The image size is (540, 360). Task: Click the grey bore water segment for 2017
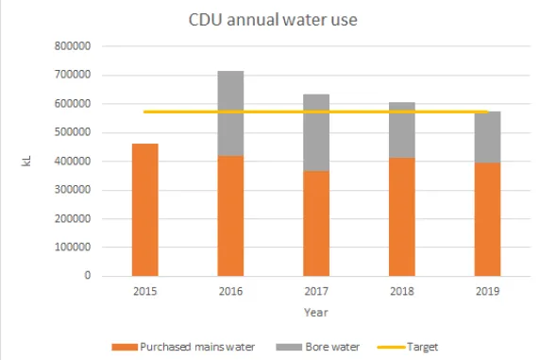tap(315, 132)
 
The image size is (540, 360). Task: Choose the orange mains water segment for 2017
tap(315, 223)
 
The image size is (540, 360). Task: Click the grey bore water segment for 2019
tap(487, 137)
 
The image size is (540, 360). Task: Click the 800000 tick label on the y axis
tap(72, 46)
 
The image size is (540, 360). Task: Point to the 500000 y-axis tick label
tap(72, 132)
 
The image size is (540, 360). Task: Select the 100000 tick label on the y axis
tap(72, 248)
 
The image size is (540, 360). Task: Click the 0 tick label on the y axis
tap(86, 276)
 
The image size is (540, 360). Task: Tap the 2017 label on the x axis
tap(315, 292)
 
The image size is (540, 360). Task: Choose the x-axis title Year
tap(316, 312)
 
